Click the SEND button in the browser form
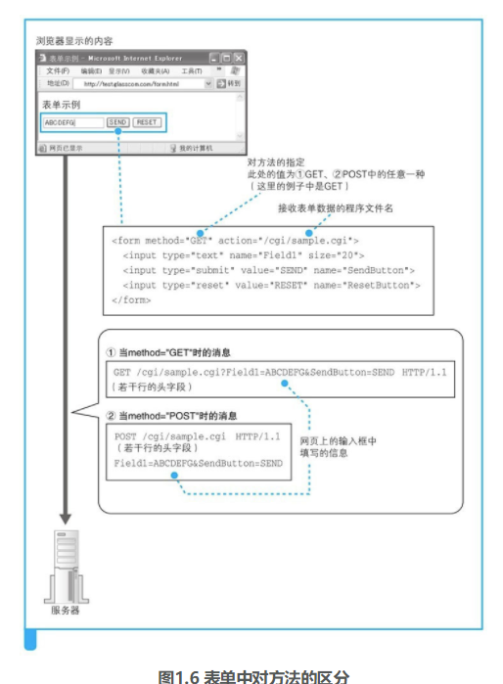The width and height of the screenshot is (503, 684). (117, 122)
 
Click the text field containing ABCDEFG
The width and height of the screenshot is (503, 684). (72, 122)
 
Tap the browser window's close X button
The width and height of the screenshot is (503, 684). (239, 59)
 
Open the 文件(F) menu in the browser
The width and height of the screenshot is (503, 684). (57, 71)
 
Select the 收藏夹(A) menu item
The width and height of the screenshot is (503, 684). (155, 71)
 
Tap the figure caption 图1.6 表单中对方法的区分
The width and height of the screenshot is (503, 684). (252, 675)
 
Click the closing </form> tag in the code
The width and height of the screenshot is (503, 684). (132, 300)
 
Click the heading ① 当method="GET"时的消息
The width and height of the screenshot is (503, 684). (172, 351)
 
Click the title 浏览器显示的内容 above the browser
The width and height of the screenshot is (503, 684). (74, 41)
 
